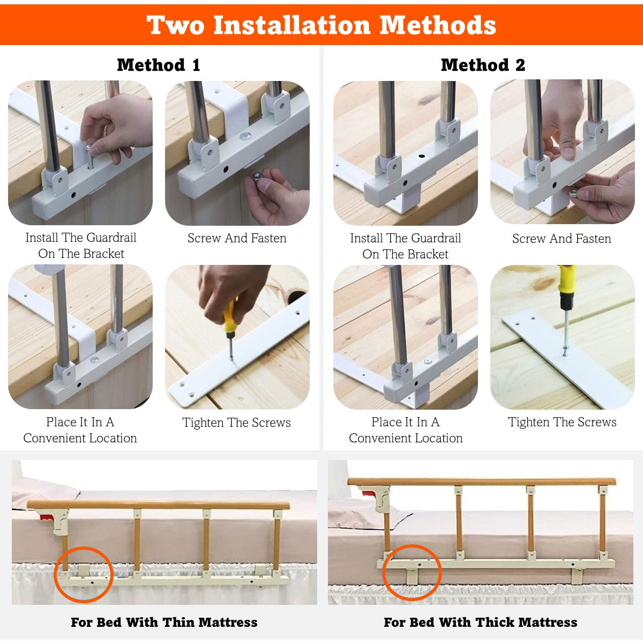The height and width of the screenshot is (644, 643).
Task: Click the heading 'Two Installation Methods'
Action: tap(321, 25)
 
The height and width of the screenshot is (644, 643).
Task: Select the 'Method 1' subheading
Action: tap(159, 64)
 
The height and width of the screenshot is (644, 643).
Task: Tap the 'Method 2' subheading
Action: tap(483, 64)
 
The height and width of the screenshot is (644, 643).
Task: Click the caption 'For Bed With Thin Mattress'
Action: tap(164, 622)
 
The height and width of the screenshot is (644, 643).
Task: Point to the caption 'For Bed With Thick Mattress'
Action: tap(480, 622)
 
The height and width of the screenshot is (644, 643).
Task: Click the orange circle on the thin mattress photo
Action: tap(55, 574)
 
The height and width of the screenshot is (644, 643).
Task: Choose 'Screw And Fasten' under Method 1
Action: tap(237, 238)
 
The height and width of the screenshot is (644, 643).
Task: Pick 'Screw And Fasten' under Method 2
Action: tap(562, 238)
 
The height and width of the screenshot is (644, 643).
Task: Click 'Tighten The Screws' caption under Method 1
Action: tap(236, 423)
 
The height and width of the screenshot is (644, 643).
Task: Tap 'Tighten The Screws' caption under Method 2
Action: tap(562, 422)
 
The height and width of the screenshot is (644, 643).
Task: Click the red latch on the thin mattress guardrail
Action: tap(47, 517)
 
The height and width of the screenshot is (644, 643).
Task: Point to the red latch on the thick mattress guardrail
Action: tap(369, 493)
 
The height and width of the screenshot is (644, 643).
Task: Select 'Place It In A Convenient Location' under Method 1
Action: tap(80, 430)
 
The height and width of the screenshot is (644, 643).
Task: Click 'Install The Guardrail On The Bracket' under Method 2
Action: tap(406, 246)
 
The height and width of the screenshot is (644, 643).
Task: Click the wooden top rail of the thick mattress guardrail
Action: tap(481, 482)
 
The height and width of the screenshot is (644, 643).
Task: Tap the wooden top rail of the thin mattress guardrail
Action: tap(158, 505)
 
